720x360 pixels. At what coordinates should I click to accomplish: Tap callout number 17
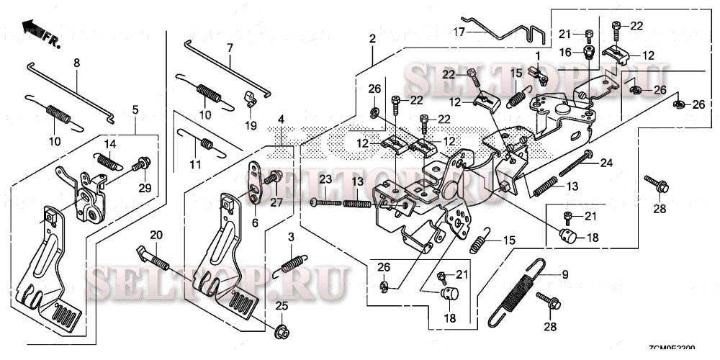click(x=459, y=31)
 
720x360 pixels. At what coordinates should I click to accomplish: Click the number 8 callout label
click(x=76, y=63)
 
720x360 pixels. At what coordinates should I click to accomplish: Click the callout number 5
click(x=135, y=109)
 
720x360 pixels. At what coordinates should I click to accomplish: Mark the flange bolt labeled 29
click(x=142, y=165)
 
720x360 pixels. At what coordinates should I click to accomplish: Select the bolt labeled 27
click(x=274, y=177)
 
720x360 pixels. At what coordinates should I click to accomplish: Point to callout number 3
click(x=290, y=238)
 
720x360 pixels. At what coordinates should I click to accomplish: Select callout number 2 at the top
click(x=372, y=37)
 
